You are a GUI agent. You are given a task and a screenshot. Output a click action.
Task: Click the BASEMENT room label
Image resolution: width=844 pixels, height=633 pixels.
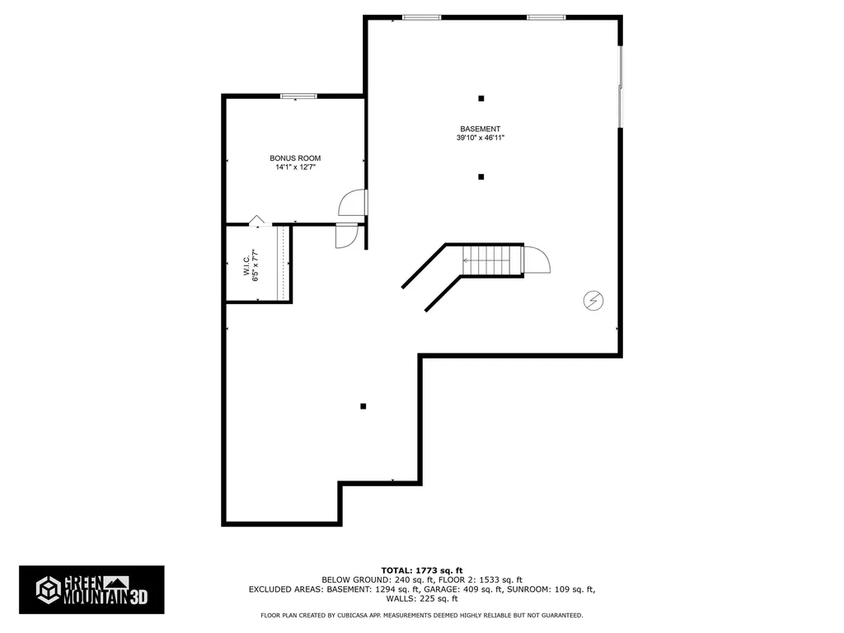[x=481, y=129]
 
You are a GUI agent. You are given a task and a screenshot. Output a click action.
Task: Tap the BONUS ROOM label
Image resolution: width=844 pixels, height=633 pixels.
[x=295, y=158]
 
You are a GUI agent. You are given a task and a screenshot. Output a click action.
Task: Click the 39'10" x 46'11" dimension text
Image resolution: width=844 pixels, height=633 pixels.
[x=481, y=138]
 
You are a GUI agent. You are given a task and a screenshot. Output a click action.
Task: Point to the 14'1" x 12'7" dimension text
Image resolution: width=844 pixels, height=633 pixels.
[x=295, y=166]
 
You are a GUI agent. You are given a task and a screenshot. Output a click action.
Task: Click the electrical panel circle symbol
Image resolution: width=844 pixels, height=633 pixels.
[x=593, y=300]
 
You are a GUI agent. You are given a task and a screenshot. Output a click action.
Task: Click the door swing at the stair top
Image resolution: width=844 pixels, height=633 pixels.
[x=537, y=260]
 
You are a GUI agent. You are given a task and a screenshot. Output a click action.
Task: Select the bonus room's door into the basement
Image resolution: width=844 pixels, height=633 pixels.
[x=353, y=203]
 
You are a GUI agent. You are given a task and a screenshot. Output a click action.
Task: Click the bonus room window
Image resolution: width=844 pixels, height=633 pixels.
[x=298, y=96]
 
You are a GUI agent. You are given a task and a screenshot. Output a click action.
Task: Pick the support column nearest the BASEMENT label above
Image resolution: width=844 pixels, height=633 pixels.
[x=481, y=99]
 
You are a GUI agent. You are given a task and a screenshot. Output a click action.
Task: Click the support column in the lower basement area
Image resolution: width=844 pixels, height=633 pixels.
[x=363, y=406]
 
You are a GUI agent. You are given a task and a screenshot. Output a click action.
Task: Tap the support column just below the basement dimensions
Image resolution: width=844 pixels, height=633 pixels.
[x=481, y=176]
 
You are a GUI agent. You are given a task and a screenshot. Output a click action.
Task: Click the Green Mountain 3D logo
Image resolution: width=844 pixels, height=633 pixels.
[x=91, y=589]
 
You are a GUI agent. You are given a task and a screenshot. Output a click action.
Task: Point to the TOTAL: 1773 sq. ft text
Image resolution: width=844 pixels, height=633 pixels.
[x=422, y=570]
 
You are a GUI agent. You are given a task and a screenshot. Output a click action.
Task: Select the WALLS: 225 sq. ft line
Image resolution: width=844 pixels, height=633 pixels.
[x=422, y=598]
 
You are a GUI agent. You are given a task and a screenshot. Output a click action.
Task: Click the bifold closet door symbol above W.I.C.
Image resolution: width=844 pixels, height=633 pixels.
[x=257, y=221]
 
